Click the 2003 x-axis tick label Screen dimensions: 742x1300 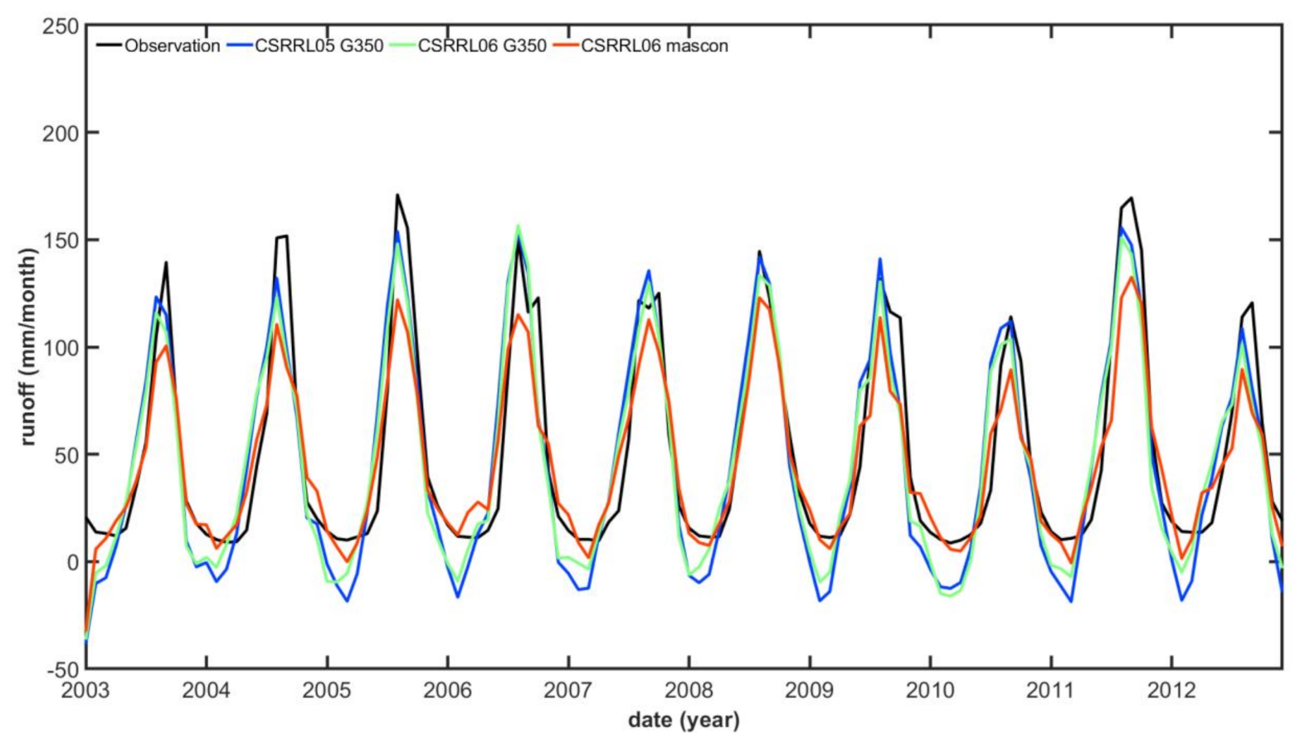click(86, 690)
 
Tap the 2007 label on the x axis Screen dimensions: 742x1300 click(568, 690)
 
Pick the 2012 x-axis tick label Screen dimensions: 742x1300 click(1171, 690)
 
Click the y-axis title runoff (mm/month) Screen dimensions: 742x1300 click(30, 347)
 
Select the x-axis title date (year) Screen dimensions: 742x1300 click(684, 720)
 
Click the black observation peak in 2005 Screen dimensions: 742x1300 click(397, 196)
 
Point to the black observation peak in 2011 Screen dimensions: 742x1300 click(1132, 198)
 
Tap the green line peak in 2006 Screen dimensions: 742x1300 click(519, 225)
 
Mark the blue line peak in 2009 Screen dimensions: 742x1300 click(879, 259)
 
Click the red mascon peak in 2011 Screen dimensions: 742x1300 click(1132, 277)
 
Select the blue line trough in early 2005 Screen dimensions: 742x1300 click(347, 600)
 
